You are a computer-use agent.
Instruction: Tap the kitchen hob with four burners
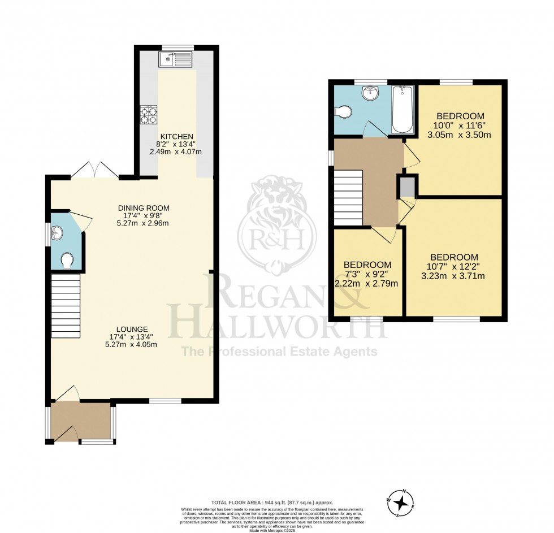(149, 115)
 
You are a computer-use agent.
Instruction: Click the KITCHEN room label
(177, 137)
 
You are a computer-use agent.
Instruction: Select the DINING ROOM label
(144, 208)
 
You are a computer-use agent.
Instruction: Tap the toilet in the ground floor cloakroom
(66, 260)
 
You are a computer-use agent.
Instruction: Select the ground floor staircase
(66, 305)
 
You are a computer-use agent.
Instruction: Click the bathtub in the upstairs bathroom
(402, 110)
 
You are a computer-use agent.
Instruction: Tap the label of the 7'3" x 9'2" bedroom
(367, 265)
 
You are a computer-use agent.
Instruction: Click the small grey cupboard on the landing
(406, 186)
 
